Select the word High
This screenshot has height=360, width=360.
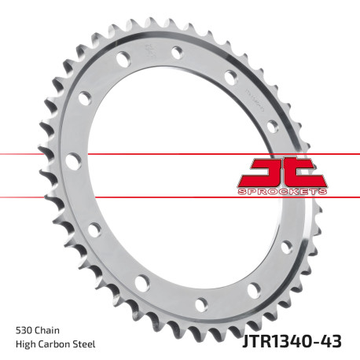(26, 344)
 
